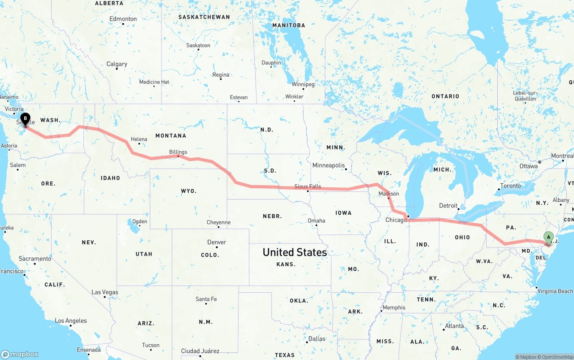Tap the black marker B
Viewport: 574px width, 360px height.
pyautogui.click(x=26, y=119)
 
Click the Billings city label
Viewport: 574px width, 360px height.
pyautogui.click(x=178, y=152)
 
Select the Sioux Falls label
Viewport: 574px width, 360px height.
pyautogui.click(x=308, y=186)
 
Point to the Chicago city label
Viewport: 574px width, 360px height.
pyautogui.click(x=396, y=220)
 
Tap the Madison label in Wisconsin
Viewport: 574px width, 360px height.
pyautogui.click(x=388, y=194)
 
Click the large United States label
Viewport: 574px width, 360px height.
pyautogui.click(x=295, y=252)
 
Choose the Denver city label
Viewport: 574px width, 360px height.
pyautogui.click(x=217, y=243)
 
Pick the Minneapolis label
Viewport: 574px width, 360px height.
pyautogui.click(x=329, y=165)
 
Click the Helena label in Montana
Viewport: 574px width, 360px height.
pyautogui.click(x=139, y=139)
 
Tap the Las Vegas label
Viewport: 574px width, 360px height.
pyautogui.click(x=105, y=292)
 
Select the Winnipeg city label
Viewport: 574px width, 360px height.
pyautogui.click(x=303, y=84)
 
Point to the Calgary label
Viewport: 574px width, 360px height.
pyautogui.click(x=117, y=65)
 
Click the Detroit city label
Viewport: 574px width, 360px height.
pyautogui.click(x=448, y=206)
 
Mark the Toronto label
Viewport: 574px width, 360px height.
pyautogui.click(x=510, y=186)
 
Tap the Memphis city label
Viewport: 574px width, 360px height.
pyautogui.click(x=394, y=308)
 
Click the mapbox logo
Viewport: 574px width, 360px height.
pyautogui.click(x=20, y=354)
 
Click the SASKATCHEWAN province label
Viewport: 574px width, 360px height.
pyautogui.click(x=204, y=17)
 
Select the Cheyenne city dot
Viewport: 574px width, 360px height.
pyautogui.click(x=219, y=227)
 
